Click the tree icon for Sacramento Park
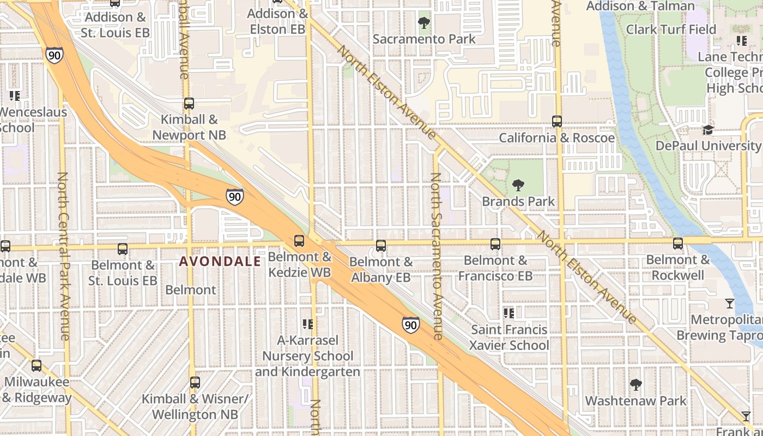click(423, 23)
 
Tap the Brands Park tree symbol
click(518, 185)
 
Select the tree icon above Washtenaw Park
click(635, 385)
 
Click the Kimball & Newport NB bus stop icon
click(189, 104)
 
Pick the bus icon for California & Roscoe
click(557, 122)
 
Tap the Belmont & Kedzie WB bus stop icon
click(299, 241)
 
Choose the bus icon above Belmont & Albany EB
click(381, 246)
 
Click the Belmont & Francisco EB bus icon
click(495, 244)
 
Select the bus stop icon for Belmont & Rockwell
click(678, 244)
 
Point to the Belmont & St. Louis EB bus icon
click(123, 249)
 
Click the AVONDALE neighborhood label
click(220, 262)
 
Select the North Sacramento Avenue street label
click(436, 256)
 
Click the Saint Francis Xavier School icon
click(509, 313)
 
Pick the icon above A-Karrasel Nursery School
click(308, 324)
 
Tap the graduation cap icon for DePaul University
click(708, 130)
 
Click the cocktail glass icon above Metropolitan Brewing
click(730, 304)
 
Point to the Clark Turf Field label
click(671, 29)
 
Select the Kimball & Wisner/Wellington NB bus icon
click(195, 383)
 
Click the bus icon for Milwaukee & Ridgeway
click(37, 366)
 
